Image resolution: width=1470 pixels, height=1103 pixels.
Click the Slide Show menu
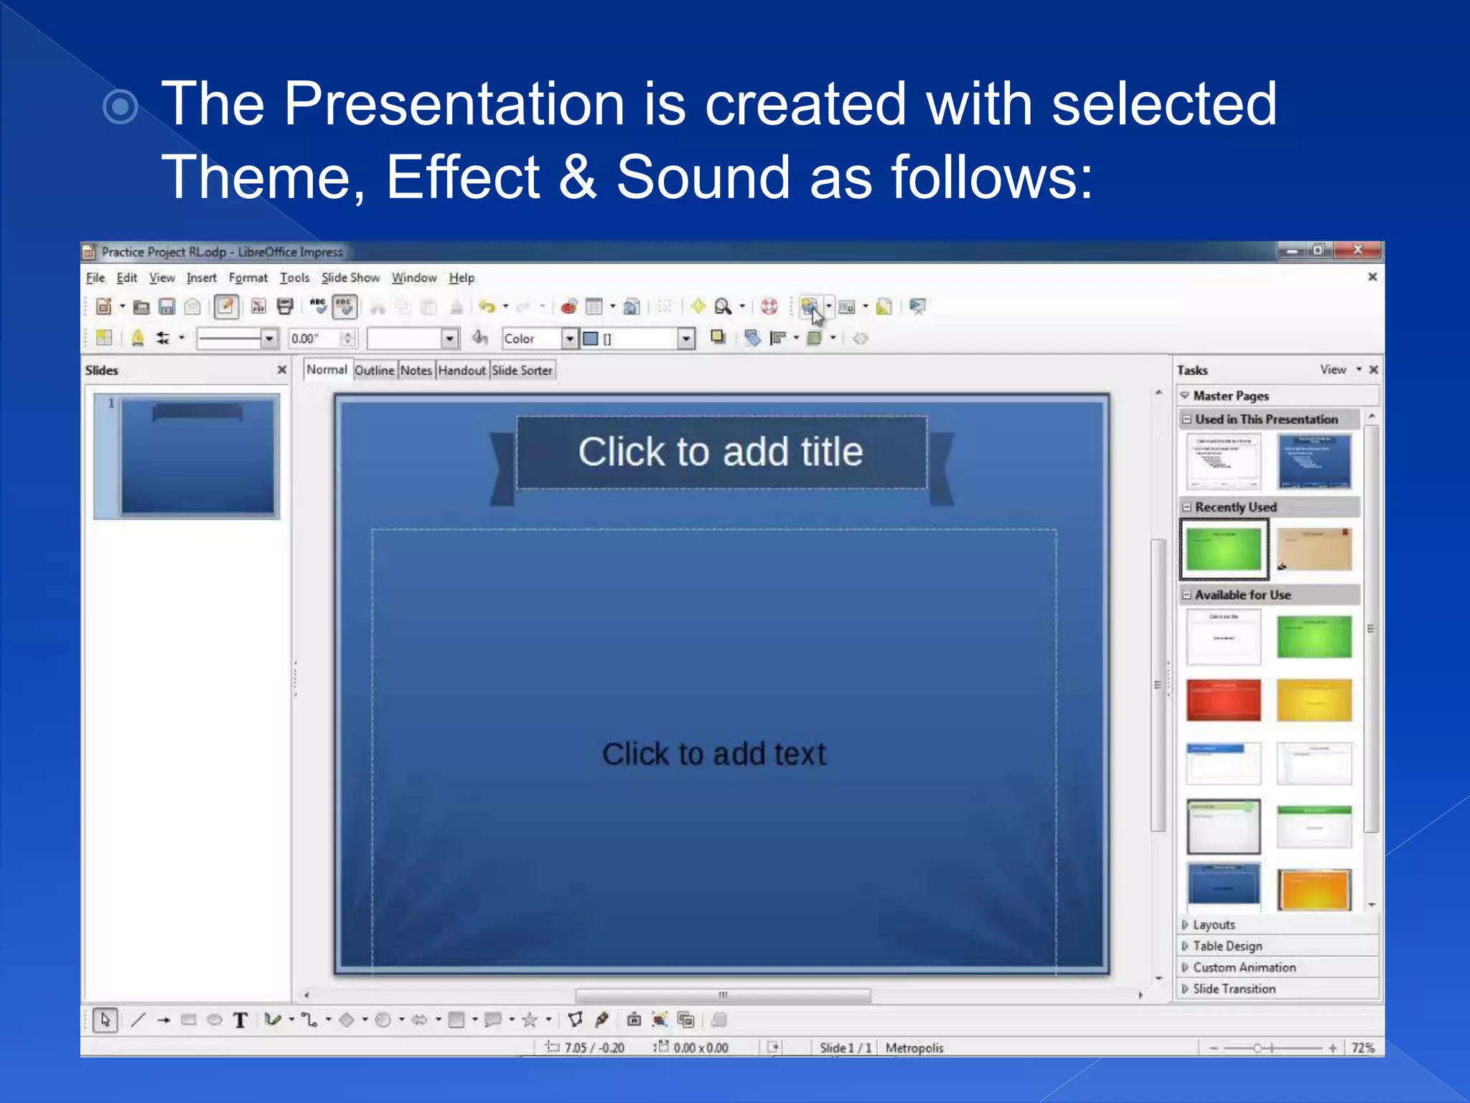click(350, 278)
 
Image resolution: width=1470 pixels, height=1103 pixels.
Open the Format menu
click(248, 278)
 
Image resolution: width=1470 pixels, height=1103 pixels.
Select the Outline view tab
click(374, 371)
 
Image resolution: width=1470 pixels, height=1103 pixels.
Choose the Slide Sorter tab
click(522, 371)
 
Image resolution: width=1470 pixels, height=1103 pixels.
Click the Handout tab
click(462, 371)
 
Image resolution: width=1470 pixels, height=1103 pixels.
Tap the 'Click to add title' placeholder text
click(721, 452)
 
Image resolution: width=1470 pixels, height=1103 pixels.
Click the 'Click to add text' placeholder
click(713, 754)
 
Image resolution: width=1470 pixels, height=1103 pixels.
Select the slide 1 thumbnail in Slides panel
click(197, 457)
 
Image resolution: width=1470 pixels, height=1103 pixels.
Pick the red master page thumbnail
click(1223, 700)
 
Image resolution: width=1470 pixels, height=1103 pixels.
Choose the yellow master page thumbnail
click(1314, 700)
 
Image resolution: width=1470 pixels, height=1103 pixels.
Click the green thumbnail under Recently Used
click(1223, 549)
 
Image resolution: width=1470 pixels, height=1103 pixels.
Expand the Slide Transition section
click(1233, 989)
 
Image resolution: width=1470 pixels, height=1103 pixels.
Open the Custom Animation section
click(1243, 967)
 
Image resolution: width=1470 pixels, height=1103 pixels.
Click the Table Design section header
click(1227, 946)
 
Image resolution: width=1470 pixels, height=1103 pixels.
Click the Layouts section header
click(1214, 925)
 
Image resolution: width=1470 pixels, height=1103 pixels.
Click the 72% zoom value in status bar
click(1362, 1048)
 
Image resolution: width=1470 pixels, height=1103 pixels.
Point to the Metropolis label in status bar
click(914, 1048)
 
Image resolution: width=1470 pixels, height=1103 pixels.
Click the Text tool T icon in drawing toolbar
click(240, 1020)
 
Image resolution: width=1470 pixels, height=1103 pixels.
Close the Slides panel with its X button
click(282, 370)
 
